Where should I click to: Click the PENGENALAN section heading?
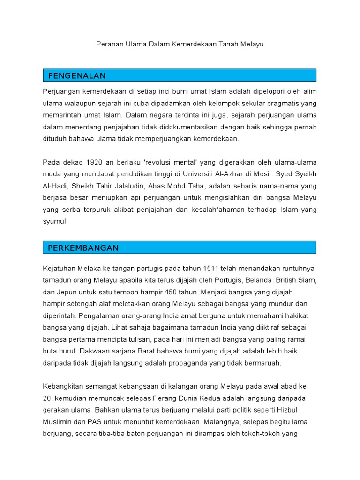point(77,76)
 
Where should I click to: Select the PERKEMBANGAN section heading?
point(83,248)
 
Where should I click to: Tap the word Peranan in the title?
point(109,45)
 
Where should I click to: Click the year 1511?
point(211,269)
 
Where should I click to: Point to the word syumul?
point(55,222)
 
